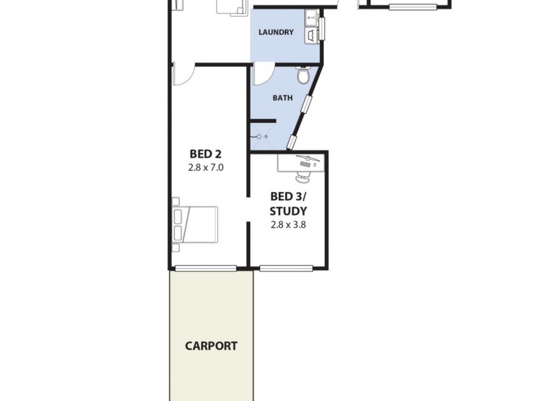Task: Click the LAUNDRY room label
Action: (276, 31)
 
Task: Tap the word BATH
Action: (282, 98)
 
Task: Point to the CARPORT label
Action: (211, 346)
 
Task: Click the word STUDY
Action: (288, 211)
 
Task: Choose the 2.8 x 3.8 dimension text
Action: (288, 225)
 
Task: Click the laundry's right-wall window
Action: (321, 28)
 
